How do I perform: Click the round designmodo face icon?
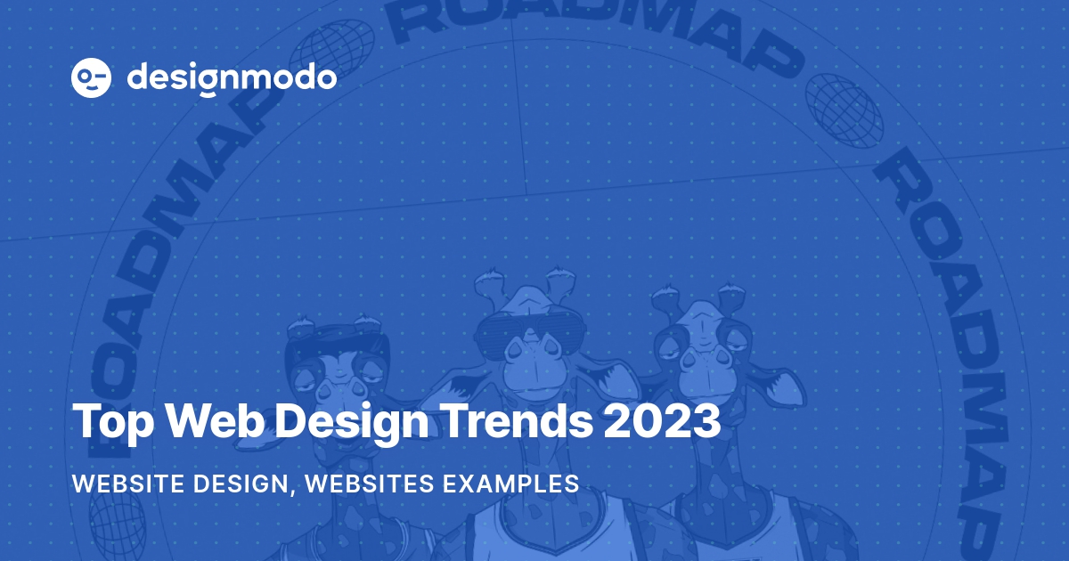tap(90, 78)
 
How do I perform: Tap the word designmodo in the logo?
tap(232, 78)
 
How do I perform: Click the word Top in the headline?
tap(108, 420)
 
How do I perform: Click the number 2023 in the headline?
tap(662, 420)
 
